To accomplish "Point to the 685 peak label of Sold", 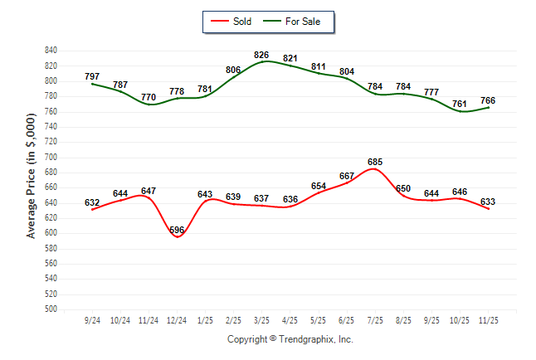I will click(375, 161).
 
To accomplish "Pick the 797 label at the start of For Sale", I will click(92, 75).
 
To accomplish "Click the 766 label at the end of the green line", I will click(489, 100).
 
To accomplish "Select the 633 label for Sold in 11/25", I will click(489, 201).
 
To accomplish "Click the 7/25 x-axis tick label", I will click(375, 319).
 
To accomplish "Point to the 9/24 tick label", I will click(92, 319).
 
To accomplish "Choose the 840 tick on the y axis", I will click(51, 51).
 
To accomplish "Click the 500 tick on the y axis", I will click(51, 309).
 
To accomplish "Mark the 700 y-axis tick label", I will click(51, 157).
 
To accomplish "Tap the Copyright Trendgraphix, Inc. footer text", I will click(290, 339).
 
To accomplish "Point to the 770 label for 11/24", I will click(149, 97).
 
